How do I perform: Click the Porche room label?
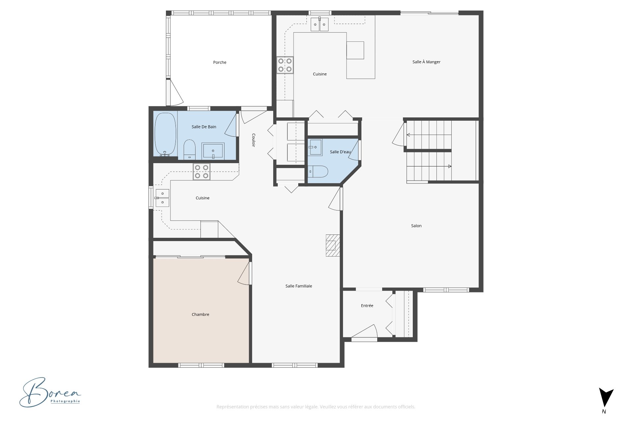[220, 62]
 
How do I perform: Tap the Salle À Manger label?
[426, 62]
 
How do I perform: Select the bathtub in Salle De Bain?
[165, 134]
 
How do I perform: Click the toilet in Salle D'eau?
[319, 171]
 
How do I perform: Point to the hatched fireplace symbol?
[332, 245]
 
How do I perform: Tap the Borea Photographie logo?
[49, 393]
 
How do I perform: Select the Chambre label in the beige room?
[200, 314]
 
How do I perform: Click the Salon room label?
[416, 226]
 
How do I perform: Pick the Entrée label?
[367, 306]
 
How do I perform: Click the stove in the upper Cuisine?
[285, 65]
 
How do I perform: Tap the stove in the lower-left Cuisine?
[201, 172]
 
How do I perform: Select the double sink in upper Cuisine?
[320, 24]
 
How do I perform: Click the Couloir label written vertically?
[253, 140]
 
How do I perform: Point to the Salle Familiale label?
[299, 286]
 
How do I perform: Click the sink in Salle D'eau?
[315, 147]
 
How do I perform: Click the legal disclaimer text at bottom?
[316, 407]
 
